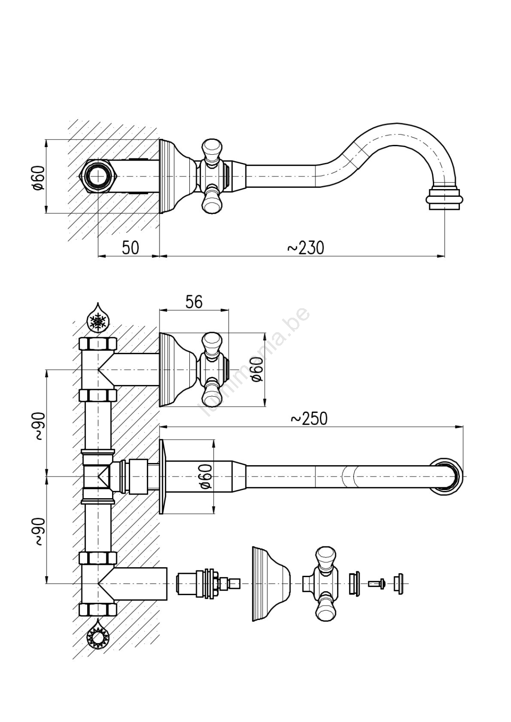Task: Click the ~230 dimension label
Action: pyautogui.click(x=306, y=248)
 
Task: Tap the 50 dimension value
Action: pyautogui.click(x=130, y=248)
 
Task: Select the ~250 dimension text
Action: pyautogui.click(x=309, y=419)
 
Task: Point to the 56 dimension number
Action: pyautogui.click(x=194, y=302)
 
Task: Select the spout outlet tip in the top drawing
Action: pyautogui.click(x=445, y=199)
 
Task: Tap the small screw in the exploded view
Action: pyautogui.click(x=376, y=583)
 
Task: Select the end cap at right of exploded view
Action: pyautogui.click(x=398, y=583)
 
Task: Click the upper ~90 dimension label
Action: pyautogui.click(x=39, y=426)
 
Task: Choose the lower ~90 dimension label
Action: pyautogui.click(x=39, y=531)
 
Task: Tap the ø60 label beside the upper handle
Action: pyautogui.click(x=257, y=370)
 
